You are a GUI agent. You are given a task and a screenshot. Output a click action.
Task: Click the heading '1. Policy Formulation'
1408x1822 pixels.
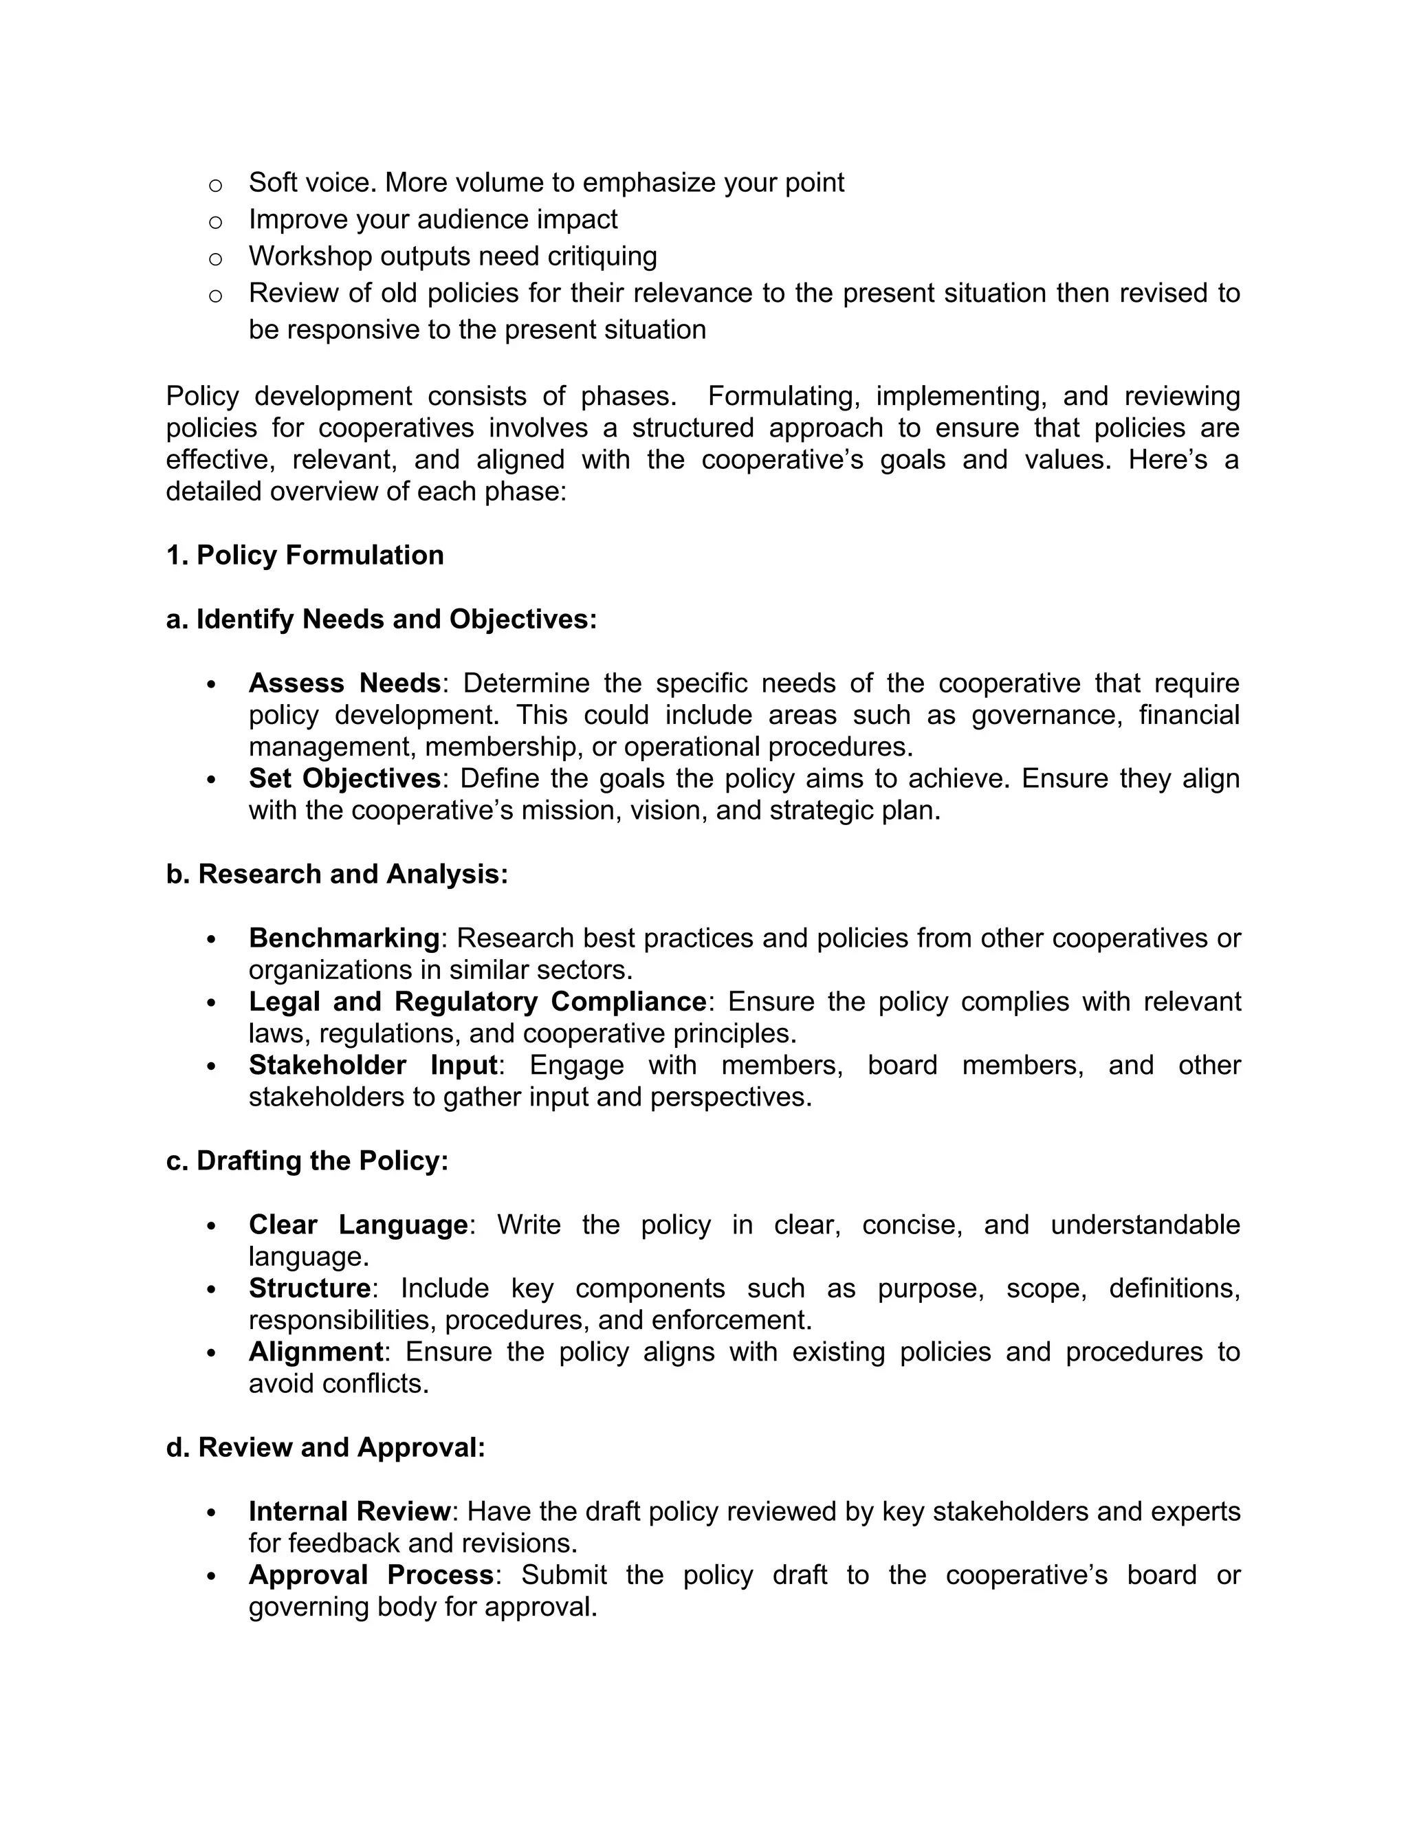pyautogui.click(x=305, y=555)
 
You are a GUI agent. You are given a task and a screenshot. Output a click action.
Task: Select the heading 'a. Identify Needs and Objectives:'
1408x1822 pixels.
pyautogui.click(x=381, y=619)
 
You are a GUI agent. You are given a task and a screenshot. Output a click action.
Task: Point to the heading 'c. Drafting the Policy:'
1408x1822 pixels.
pyautogui.click(x=307, y=1161)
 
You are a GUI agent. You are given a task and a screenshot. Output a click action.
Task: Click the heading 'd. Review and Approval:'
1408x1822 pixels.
pyautogui.click(x=325, y=1447)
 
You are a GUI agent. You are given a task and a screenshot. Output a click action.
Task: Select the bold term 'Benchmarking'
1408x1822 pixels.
pyautogui.click(x=344, y=938)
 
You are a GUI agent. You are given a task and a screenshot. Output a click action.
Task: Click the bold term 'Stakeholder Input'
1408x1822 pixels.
pyautogui.click(x=373, y=1065)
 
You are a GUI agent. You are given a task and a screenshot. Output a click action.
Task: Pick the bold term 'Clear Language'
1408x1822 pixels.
pyautogui.click(x=357, y=1225)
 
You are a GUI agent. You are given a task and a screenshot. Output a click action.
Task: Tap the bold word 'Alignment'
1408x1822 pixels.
pyautogui.click(x=316, y=1352)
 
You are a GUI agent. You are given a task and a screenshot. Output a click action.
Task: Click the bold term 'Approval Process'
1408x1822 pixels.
pyautogui.click(x=371, y=1574)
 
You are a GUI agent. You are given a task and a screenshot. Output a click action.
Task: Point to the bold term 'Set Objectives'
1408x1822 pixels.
pyautogui.click(x=344, y=778)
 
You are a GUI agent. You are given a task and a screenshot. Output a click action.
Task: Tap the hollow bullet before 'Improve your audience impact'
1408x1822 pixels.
pyautogui.click(x=215, y=222)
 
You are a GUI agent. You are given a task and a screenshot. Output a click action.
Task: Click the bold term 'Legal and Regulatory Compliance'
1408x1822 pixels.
pyautogui.click(x=477, y=1001)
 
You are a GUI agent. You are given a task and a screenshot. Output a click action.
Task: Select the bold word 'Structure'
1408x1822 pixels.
pyautogui.click(x=309, y=1288)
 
